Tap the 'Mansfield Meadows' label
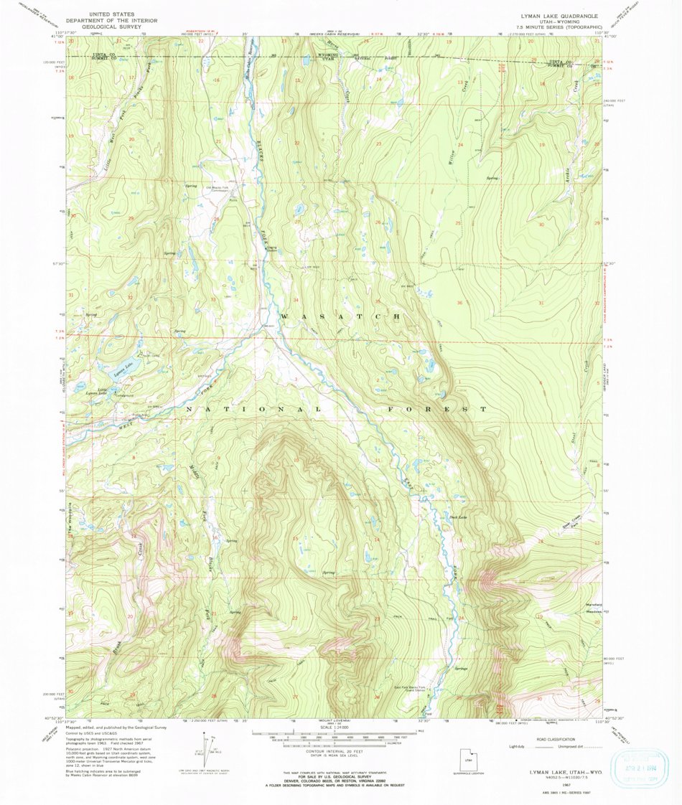tap(574, 604)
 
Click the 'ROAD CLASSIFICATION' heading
tap(551, 739)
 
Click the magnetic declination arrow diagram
tap(209, 750)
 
